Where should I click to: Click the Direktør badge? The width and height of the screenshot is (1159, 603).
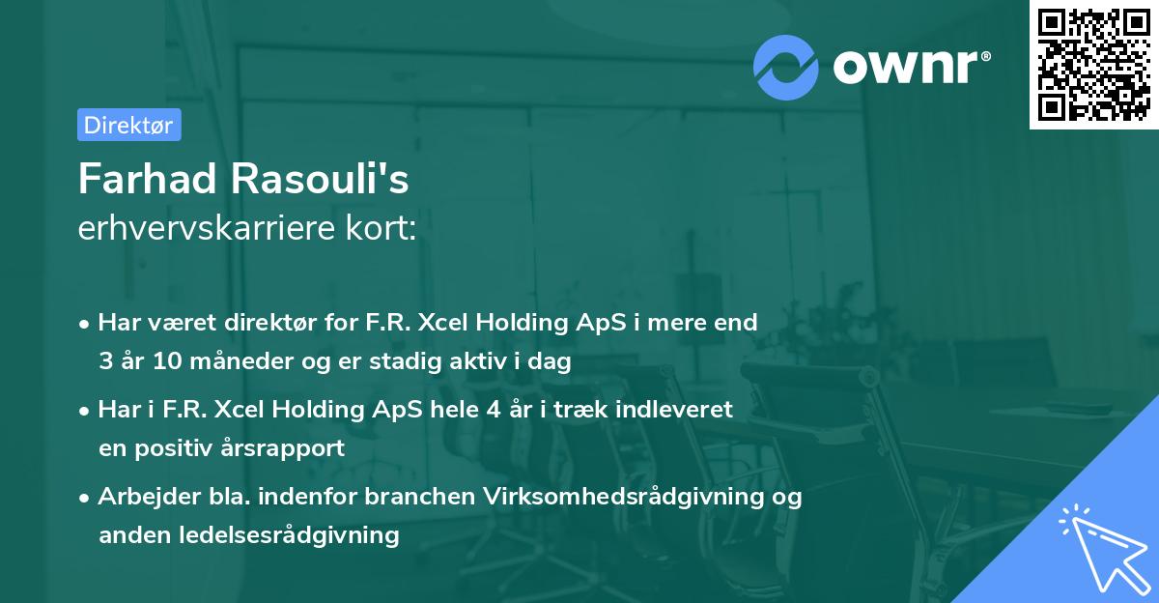pos(128,125)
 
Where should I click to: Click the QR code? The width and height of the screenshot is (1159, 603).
pos(1093,65)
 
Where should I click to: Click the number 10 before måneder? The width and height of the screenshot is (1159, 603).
pos(156,361)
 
